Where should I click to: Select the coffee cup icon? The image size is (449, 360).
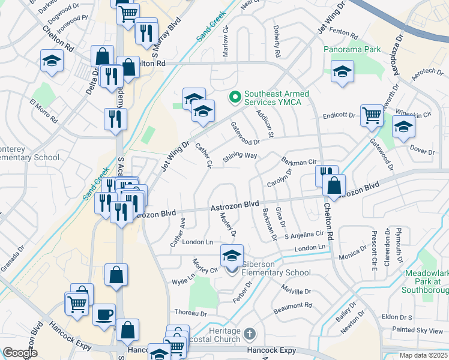click(104, 314)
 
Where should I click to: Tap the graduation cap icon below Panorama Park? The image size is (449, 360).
click(342, 71)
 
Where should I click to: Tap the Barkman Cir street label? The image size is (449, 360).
click(298, 161)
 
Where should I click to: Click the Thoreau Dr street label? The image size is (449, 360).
click(190, 313)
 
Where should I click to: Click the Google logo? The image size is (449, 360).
click(20, 353)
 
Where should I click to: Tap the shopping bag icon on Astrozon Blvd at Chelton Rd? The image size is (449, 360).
click(334, 185)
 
